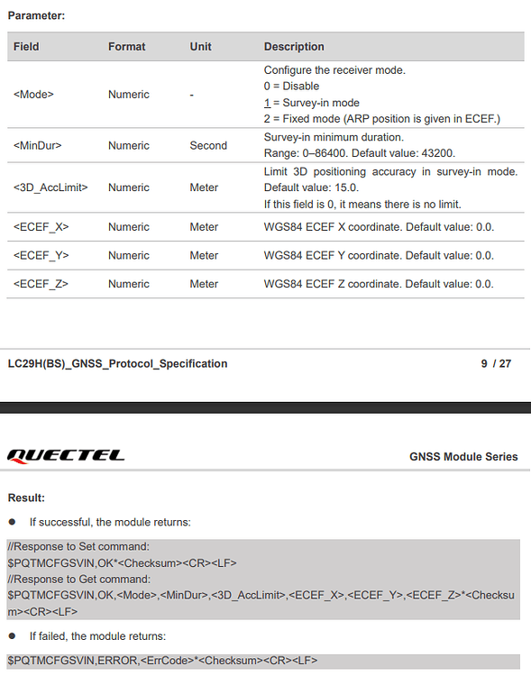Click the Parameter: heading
point(36,15)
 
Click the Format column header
point(126,47)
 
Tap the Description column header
point(294,47)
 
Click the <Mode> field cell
point(33,95)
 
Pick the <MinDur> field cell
point(38,145)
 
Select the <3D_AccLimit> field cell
point(50,187)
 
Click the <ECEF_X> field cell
point(41,227)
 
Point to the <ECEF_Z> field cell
point(41,284)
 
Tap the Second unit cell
point(208,145)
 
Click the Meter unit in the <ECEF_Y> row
point(204,256)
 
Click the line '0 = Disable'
point(291,87)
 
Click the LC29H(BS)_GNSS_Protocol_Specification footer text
point(117,364)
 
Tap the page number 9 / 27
point(496,364)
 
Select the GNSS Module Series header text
point(463,457)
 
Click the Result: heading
point(26,498)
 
